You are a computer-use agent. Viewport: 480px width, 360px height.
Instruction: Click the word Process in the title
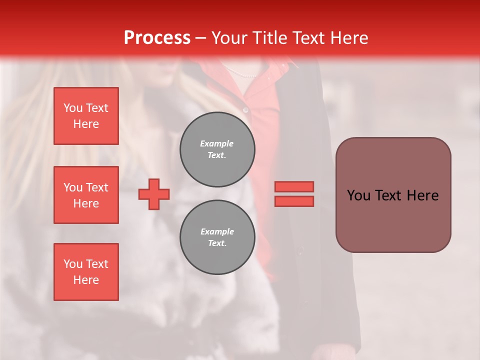click(x=157, y=38)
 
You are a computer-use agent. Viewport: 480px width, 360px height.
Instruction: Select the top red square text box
click(x=86, y=116)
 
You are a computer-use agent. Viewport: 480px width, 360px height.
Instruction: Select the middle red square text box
click(x=86, y=195)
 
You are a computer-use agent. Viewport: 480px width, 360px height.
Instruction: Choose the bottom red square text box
click(x=86, y=272)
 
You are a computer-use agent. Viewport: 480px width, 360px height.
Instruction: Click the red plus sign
click(x=154, y=194)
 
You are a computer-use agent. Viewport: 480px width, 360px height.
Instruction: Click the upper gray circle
click(x=217, y=149)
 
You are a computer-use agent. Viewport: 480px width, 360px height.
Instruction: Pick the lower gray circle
click(x=217, y=237)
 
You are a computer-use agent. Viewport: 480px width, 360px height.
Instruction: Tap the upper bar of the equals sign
click(x=294, y=186)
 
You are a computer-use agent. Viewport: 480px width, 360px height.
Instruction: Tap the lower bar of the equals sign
click(x=294, y=201)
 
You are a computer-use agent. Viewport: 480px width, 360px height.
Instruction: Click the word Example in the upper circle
click(x=216, y=143)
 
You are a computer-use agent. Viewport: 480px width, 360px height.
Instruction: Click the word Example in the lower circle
click(x=217, y=231)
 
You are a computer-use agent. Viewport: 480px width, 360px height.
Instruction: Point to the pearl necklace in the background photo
click(x=240, y=73)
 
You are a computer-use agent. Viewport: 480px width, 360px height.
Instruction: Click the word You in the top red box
click(x=73, y=108)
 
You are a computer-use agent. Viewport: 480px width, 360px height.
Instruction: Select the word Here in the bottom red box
click(x=86, y=280)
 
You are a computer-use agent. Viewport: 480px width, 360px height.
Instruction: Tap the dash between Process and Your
click(x=200, y=38)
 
